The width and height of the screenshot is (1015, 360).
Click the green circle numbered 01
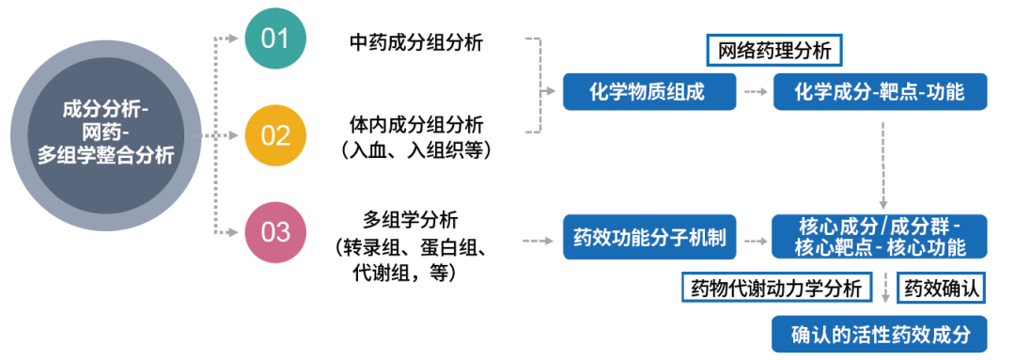click(275, 39)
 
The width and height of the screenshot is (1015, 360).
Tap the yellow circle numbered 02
click(275, 135)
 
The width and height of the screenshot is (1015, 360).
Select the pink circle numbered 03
click(275, 231)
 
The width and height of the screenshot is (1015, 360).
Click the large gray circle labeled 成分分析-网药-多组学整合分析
click(105, 133)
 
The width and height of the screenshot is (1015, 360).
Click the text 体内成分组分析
click(415, 125)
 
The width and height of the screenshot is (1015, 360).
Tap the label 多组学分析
click(415, 221)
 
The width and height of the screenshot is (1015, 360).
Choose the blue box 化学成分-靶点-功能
click(880, 91)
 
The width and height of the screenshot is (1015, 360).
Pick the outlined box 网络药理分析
click(773, 48)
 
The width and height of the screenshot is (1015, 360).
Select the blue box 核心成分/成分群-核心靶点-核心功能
click(880, 236)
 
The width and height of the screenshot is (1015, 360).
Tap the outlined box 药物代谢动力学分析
click(774, 289)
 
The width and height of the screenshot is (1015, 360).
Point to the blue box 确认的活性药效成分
click(880, 334)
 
